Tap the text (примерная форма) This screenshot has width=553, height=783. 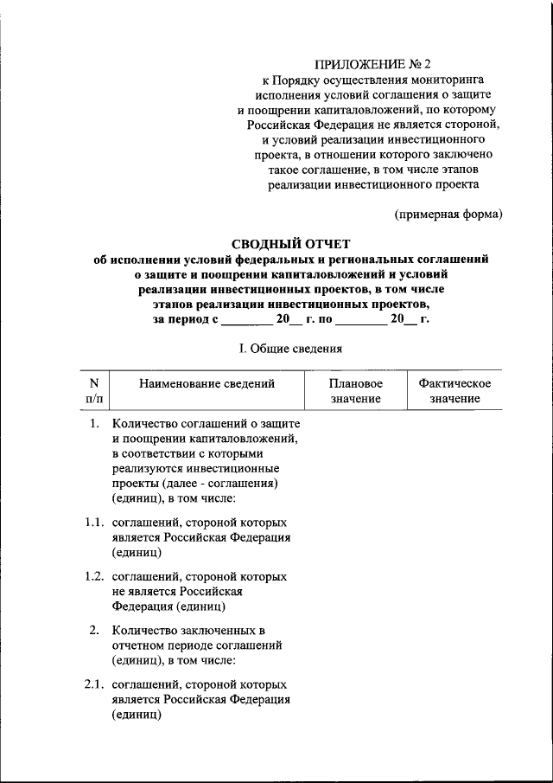448,214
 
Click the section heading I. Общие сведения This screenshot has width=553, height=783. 291,350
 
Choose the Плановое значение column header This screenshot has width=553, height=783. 355,391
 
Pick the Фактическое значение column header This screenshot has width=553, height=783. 454,391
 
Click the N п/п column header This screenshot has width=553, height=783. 93,391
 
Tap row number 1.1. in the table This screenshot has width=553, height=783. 95,523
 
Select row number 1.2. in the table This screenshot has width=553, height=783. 95,576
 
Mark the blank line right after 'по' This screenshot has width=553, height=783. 360,319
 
